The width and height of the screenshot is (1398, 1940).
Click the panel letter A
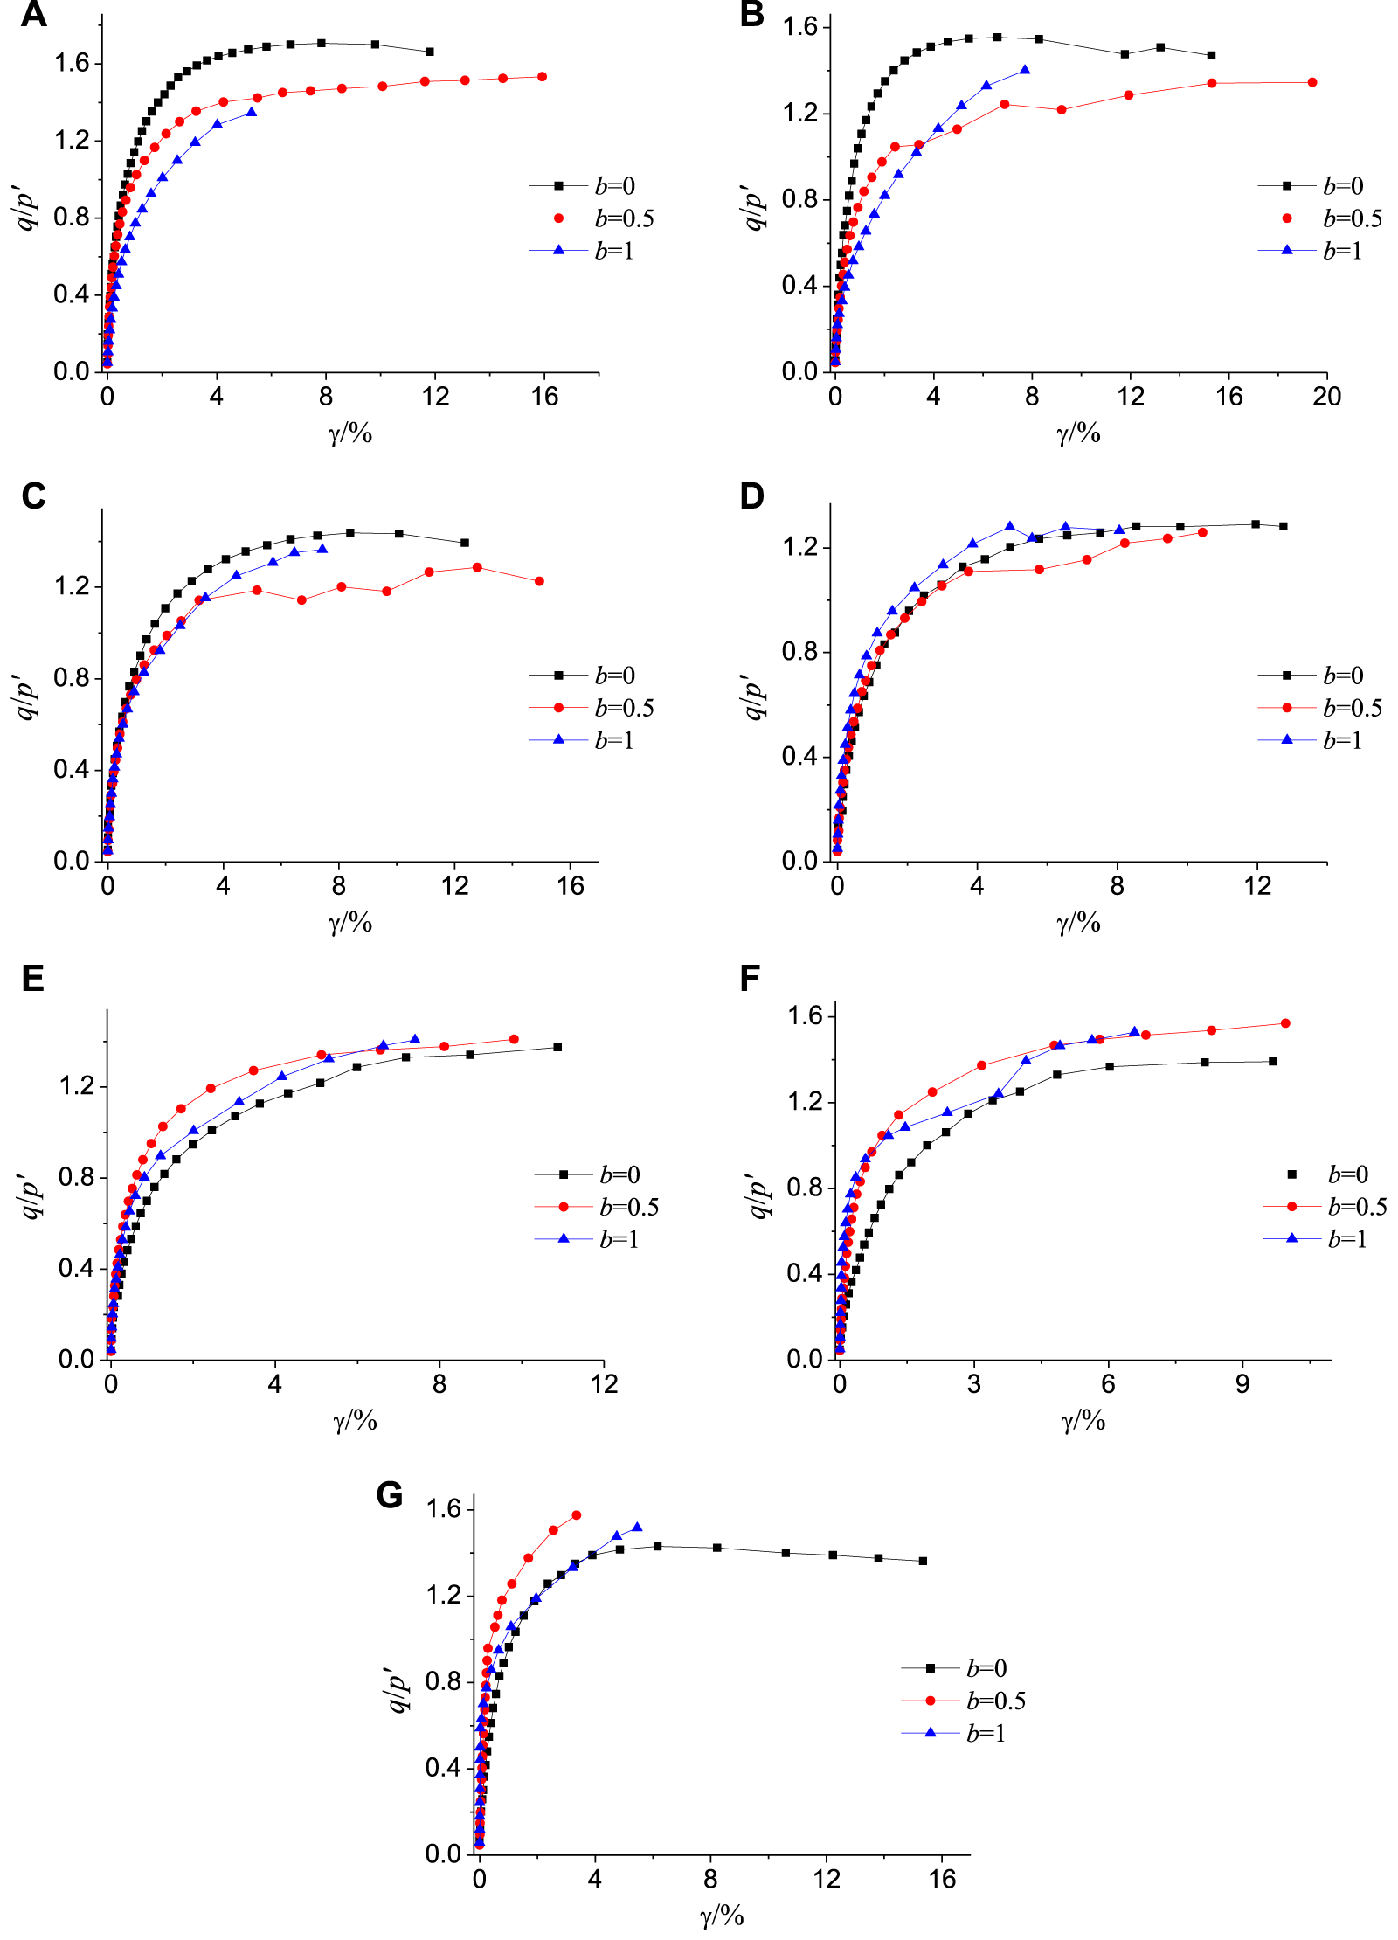tap(33, 15)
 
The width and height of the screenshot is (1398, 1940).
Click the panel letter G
tap(389, 1494)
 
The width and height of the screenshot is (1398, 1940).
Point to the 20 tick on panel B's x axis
tap(1326, 397)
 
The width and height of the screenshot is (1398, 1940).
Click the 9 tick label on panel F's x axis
tap(1242, 1384)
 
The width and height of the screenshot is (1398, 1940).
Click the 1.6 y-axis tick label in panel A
tap(72, 63)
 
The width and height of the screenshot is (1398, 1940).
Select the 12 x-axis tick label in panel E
tap(604, 1384)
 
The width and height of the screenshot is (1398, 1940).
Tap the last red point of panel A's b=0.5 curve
tap(542, 77)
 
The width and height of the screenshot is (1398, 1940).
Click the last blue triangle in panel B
tap(1025, 70)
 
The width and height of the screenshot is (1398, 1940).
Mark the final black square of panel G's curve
tap(924, 1561)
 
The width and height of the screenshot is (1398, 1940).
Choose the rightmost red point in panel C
tap(539, 581)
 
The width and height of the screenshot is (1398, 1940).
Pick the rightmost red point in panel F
tap(1285, 1023)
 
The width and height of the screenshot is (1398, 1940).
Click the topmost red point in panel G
tap(576, 1515)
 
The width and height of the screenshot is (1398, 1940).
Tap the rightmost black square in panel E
tap(557, 1047)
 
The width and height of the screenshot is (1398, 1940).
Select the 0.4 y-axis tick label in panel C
tap(72, 770)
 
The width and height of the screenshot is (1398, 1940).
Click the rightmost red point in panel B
tap(1312, 82)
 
